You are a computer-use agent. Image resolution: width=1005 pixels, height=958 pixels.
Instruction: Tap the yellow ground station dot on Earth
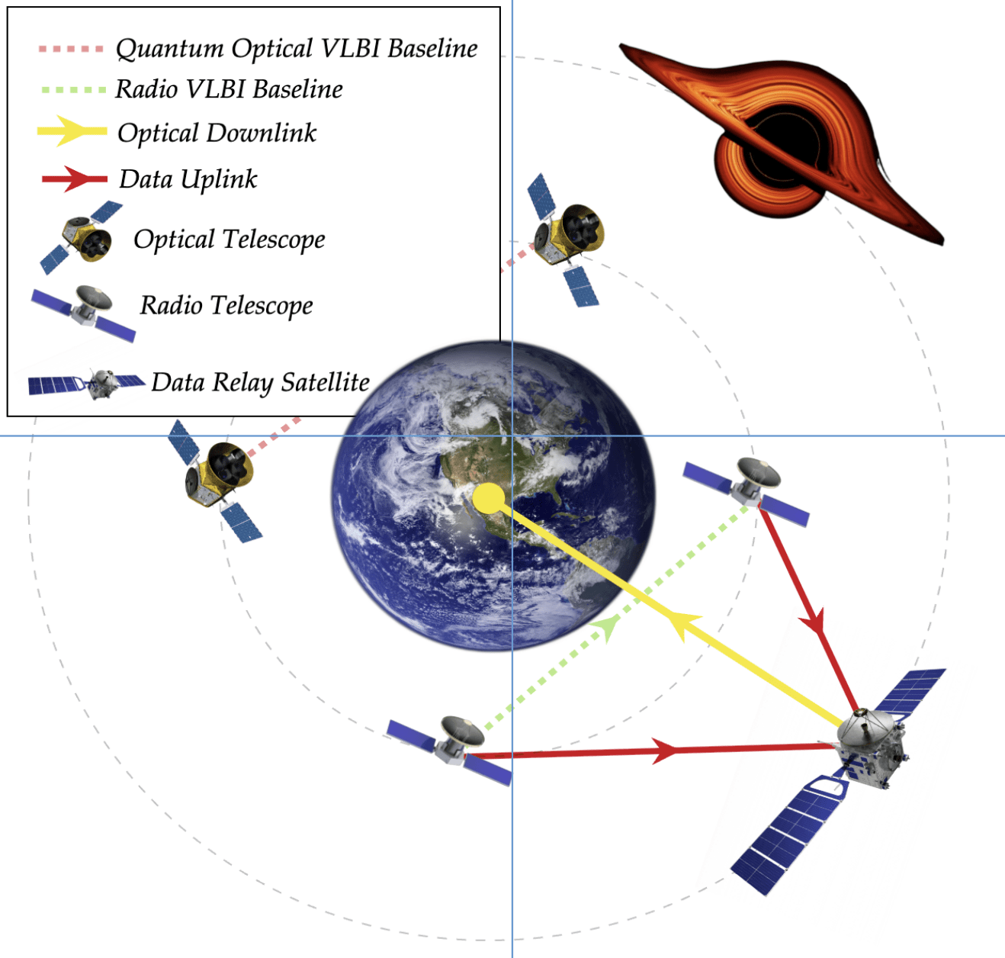pyautogui.click(x=489, y=500)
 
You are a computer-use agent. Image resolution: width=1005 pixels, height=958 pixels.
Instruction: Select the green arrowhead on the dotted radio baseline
pyautogui.click(x=606, y=628)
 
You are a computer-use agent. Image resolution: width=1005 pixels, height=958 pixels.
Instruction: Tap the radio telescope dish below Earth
pyautogui.click(x=461, y=732)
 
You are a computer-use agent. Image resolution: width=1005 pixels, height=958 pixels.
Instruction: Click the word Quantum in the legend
pyautogui.click(x=170, y=49)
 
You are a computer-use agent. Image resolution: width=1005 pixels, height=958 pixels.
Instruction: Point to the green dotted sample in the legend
pyautogui.click(x=72, y=90)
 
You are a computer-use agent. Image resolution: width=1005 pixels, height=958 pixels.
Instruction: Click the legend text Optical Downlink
pyautogui.click(x=217, y=133)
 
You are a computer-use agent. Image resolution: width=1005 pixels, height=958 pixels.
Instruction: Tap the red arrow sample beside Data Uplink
pyautogui.click(x=74, y=178)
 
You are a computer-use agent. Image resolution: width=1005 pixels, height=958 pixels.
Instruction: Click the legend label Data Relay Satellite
pyautogui.click(x=260, y=382)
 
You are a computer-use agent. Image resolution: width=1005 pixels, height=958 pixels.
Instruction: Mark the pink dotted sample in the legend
pyautogui.click(x=71, y=49)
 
